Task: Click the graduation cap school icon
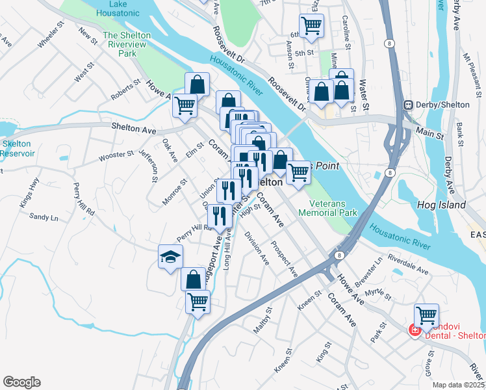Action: pyautogui.click(x=171, y=255)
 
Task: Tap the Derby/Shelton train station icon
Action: pyautogui.click(x=409, y=105)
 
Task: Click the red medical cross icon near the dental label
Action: pyautogui.click(x=413, y=330)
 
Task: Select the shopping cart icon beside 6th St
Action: pyautogui.click(x=311, y=25)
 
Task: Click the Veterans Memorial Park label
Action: pyautogui.click(x=328, y=207)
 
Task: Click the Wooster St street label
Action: pyautogui.click(x=116, y=156)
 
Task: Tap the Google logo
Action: pyautogui.click(x=21, y=382)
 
